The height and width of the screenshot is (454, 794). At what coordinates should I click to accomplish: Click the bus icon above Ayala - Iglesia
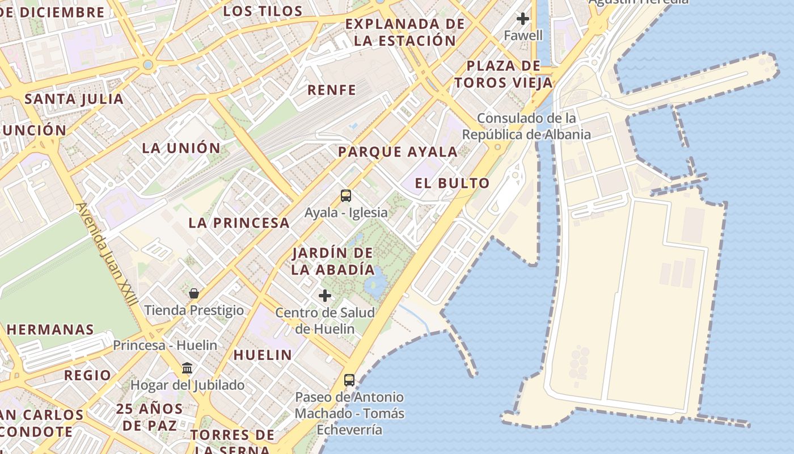click(x=346, y=196)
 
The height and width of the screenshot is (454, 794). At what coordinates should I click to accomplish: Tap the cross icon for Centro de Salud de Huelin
click(x=325, y=296)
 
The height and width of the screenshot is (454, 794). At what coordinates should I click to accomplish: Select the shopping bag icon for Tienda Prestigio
click(x=194, y=293)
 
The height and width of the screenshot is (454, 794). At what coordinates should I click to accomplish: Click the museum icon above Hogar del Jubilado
click(x=187, y=368)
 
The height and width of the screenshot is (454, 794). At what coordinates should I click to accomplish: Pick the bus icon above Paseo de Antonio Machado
click(x=349, y=380)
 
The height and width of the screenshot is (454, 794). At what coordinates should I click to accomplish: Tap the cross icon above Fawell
click(x=523, y=19)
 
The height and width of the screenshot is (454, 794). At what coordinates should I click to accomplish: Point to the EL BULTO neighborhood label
click(x=452, y=183)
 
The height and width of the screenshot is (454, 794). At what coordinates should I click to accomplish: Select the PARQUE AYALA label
click(x=398, y=152)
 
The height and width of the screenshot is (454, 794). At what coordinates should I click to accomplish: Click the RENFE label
click(x=332, y=90)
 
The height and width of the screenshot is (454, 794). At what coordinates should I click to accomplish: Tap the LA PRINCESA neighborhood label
click(x=239, y=222)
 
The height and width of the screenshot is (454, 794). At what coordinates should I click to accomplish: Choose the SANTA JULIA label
click(x=74, y=99)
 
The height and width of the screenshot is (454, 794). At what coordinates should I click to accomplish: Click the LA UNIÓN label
click(x=181, y=148)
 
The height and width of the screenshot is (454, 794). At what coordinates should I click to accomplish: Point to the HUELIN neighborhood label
click(x=263, y=355)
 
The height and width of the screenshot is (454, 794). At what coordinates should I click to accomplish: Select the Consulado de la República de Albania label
click(x=526, y=126)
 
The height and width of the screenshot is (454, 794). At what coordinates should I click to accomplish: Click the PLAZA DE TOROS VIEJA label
click(x=503, y=74)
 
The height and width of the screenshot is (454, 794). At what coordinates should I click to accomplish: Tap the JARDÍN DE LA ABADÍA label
click(x=333, y=261)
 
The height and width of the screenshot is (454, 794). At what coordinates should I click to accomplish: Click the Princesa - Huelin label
click(x=165, y=345)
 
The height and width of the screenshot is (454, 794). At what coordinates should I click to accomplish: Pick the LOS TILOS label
click(x=263, y=11)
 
